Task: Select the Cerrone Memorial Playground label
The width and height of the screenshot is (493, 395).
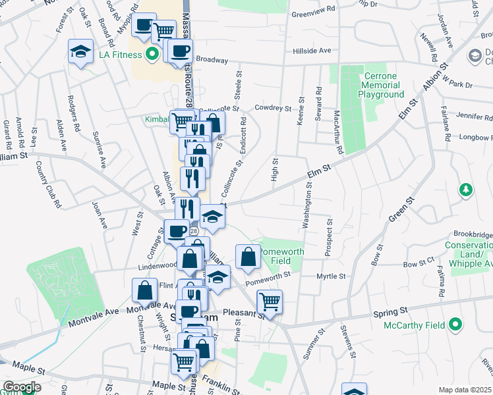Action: click(x=381, y=85)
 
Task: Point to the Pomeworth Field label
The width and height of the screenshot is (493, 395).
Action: click(x=282, y=256)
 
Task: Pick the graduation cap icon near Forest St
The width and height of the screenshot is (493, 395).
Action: click(x=80, y=51)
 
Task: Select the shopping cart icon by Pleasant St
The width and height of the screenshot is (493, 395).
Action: click(x=270, y=302)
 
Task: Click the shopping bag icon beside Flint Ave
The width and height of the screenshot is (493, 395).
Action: click(x=144, y=290)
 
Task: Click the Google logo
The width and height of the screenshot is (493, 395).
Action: click(x=21, y=387)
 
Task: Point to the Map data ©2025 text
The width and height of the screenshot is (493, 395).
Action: click(x=465, y=390)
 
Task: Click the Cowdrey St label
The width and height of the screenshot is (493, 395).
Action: click(x=273, y=107)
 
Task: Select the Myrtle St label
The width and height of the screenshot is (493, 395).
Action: click(x=332, y=276)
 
